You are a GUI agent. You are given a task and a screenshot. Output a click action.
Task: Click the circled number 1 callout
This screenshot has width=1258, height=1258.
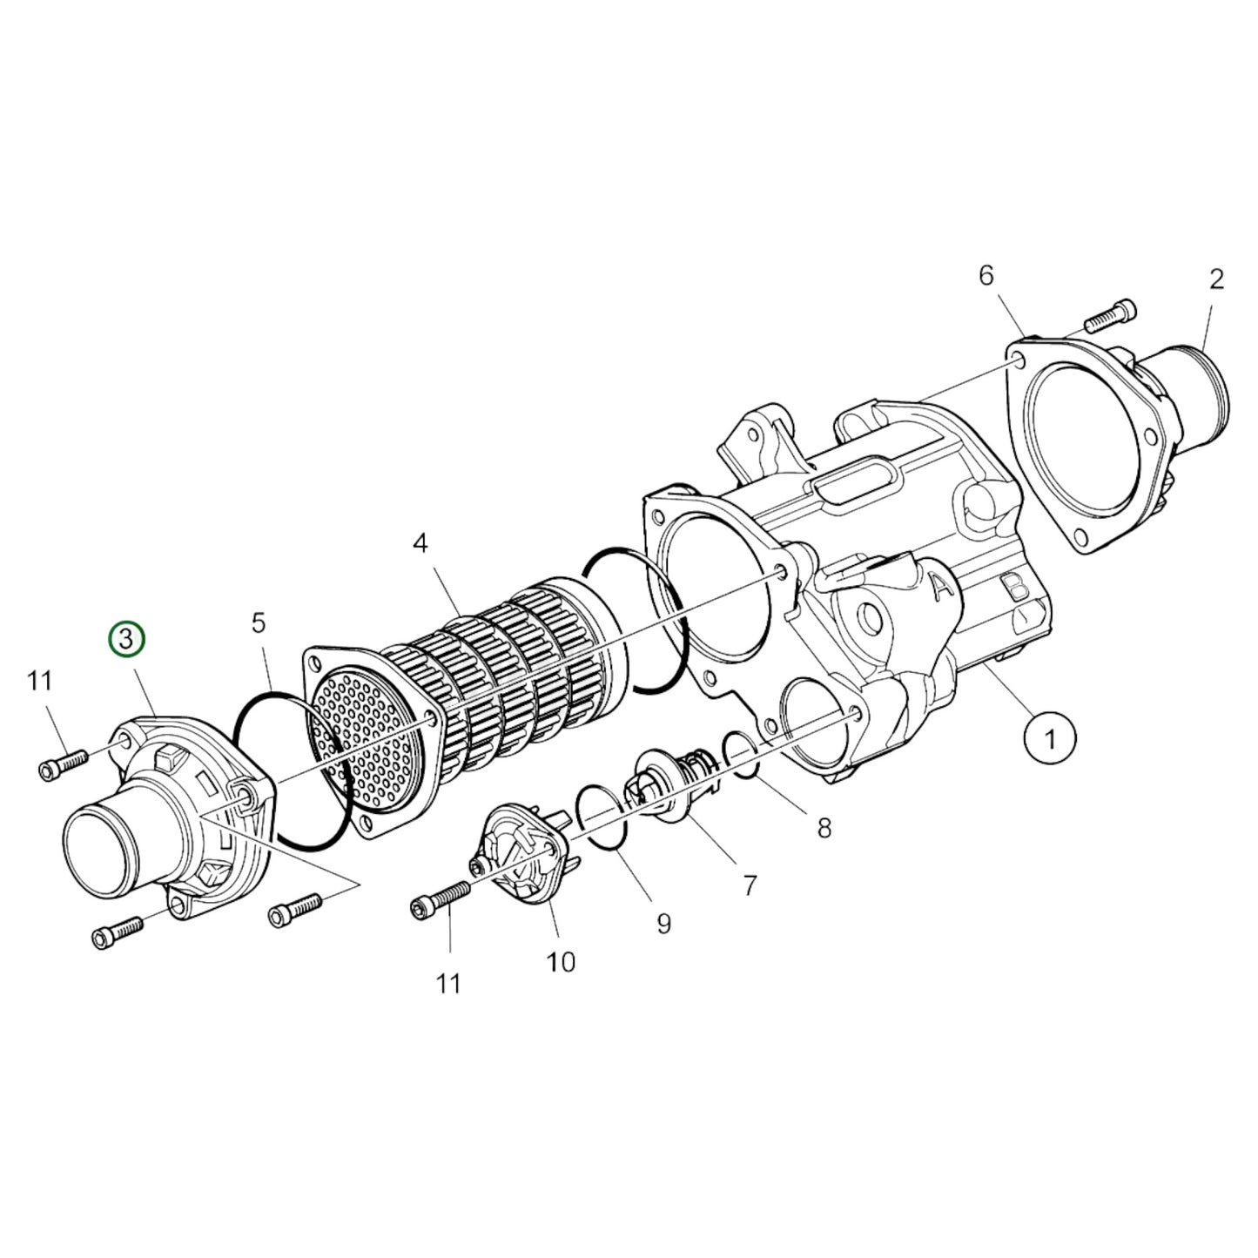pyautogui.click(x=1050, y=740)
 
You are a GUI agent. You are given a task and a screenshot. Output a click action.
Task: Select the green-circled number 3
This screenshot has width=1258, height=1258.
pyautogui.click(x=127, y=639)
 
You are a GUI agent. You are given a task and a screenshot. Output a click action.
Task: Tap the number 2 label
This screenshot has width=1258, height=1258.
pyautogui.click(x=1216, y=279)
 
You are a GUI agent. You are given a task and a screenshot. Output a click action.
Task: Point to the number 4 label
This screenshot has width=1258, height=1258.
pyautogui.click(x=421, y=544)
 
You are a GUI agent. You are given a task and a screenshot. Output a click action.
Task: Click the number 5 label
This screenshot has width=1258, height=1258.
pyautogui.click(x=259, y=623)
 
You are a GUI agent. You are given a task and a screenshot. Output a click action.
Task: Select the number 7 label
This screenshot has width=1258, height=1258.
pyautogui.click(x=750, y=885)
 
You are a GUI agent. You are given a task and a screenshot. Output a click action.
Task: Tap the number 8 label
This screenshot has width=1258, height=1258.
pyautogui.click(x=824, y=829)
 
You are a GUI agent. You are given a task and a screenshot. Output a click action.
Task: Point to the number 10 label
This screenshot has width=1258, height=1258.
pyautogui.click(x=560, y=962)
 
